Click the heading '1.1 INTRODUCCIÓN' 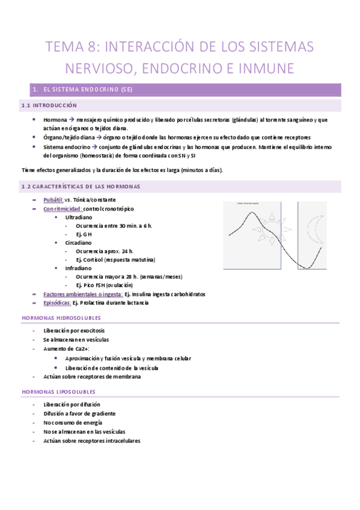tap(45, 106)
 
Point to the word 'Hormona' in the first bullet tap(55, 120)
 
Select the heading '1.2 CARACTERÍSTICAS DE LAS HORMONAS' tap(81, 186)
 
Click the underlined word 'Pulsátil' tap(53, 200)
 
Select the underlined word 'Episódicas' tap(62, 303)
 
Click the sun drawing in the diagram tap(272, 230)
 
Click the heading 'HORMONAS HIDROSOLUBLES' tap(61, 318)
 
